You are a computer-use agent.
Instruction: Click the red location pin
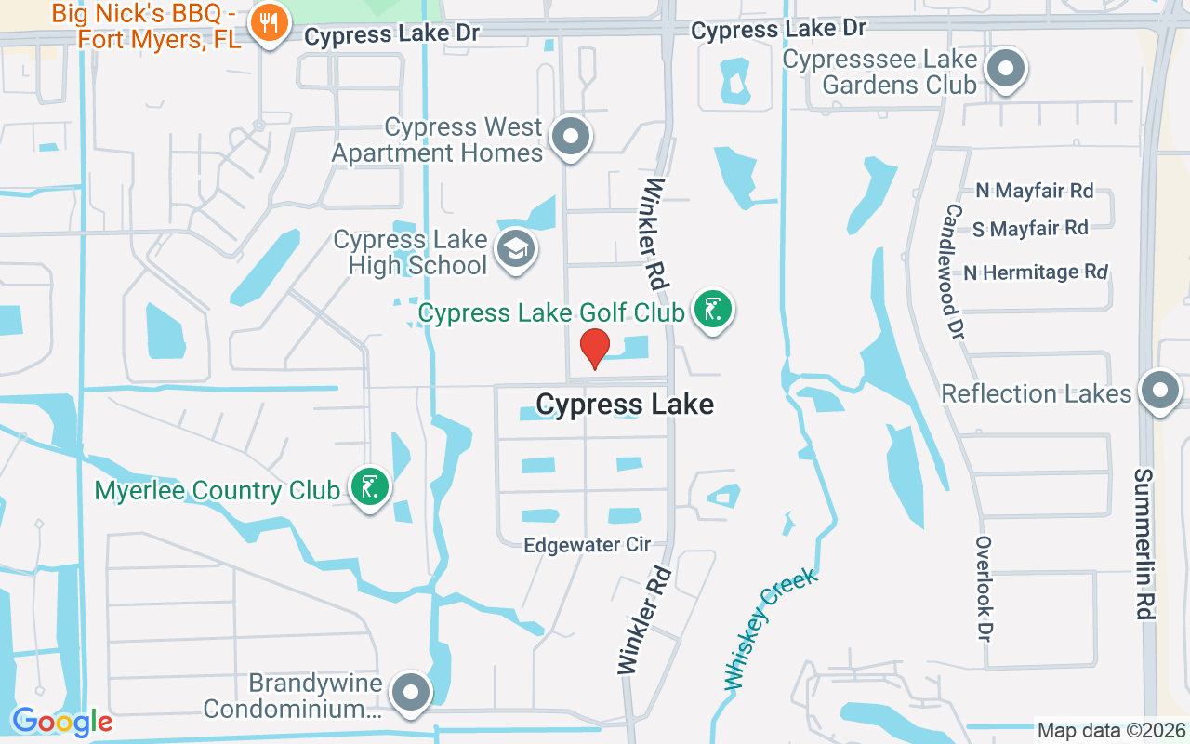coord(595,348)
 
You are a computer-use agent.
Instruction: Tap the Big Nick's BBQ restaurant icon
coord(269,24)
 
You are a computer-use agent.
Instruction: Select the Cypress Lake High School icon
coord(515,249)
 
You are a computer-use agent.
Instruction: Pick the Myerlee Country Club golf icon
coord(370,486)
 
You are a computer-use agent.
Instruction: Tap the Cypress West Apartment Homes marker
coord(571,138)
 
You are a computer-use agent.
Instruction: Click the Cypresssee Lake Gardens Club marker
coord(1005,69)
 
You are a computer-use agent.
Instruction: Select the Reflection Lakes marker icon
coord(1160,392)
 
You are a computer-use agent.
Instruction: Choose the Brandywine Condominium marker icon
coord(411,693)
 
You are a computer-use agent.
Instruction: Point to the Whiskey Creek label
coord(771,629)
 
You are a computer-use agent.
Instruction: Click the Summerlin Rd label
coord(1144,544)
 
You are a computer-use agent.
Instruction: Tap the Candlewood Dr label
coord(954,271)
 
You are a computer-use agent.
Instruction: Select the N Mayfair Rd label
coord(1034,191)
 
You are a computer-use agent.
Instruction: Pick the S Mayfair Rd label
coord(1029,228)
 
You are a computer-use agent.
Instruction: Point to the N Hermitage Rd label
coord(1035,272)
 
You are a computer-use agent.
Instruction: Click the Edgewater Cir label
coord(587,545)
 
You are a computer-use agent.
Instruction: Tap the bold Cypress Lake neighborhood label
coord(625,405)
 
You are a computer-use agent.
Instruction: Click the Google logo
coord(62,722)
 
